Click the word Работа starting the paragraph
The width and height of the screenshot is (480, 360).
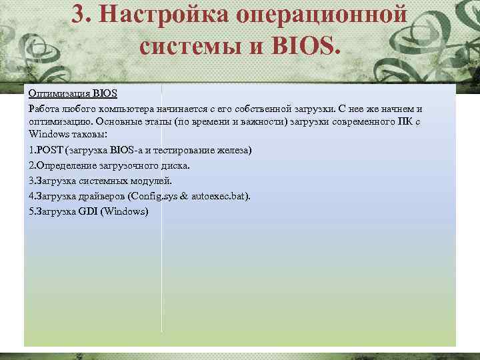pyautogui.click(x=43, y=108)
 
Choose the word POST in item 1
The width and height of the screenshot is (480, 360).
pyautogui.click(x=49, y=151)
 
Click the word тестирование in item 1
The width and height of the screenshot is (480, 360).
pyautogui.click(x=185, y=151)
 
